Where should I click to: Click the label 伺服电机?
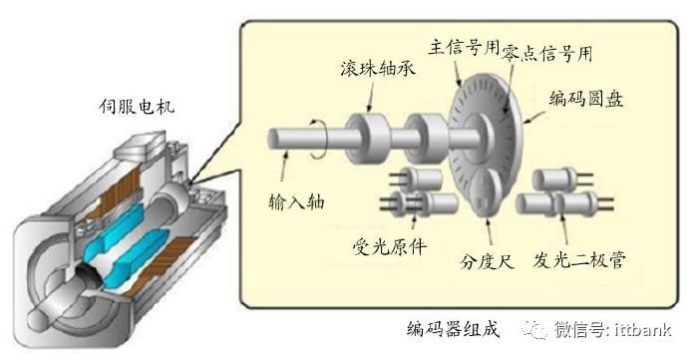(137, 106)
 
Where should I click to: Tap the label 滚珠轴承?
(378, 69)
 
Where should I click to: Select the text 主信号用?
(464, 47)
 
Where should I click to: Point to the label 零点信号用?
(547, 53)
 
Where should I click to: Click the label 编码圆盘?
(586, 98)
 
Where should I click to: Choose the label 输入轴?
(296, 201)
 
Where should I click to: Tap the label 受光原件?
(390, 246)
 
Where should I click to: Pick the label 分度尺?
(487, 261)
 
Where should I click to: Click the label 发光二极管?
(579, 260)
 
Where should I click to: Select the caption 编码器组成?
(454, 329)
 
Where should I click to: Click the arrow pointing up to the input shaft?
(283, 166)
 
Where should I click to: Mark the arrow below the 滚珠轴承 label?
(370, 96)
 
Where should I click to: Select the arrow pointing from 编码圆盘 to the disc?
(533, 117)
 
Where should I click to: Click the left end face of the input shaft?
(273, 138)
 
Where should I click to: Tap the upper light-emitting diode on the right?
(554, 179)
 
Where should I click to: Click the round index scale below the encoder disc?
(487, 194)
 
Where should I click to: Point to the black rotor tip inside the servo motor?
(90, 275)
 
